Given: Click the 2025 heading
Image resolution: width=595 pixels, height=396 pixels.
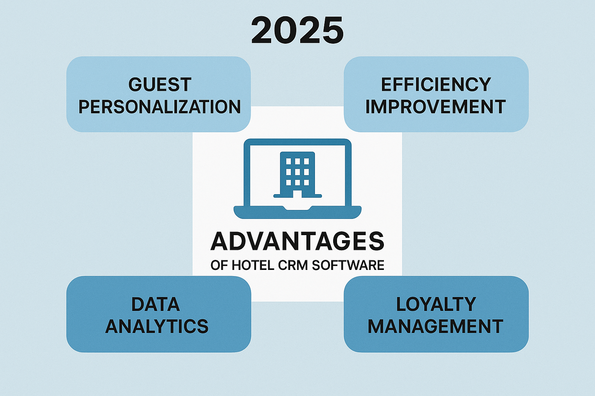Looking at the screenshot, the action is [297, 30].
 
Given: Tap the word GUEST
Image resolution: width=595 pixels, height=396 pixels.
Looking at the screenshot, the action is [160, 85].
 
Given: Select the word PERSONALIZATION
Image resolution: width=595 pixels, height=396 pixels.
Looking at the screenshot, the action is [160, 107].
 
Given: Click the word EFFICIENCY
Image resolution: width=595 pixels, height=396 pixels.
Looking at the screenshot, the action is [436, 85].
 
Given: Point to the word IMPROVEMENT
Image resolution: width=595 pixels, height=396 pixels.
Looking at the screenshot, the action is [436, 107].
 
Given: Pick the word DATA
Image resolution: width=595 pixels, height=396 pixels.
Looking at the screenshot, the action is [156, 304].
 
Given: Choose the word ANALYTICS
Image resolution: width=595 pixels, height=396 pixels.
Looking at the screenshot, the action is [157, 326].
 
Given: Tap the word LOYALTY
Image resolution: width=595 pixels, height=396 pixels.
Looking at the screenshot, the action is [436, 304].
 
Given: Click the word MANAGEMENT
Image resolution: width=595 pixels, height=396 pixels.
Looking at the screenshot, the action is [435, 326].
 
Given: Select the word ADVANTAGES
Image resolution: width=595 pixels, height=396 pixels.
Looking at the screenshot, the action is [297, 241].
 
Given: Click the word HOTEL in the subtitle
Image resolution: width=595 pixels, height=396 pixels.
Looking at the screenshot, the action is [253, 265].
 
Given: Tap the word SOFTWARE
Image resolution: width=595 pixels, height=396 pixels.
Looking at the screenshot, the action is [348, 265].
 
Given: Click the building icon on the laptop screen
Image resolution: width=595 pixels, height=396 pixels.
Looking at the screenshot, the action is [297, 174].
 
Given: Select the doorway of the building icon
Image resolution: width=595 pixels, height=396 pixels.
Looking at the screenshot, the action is [297, 194].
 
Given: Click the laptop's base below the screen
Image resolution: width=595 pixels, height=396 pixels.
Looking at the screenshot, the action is [297, 212].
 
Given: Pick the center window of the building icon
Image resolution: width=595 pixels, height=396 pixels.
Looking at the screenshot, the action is [297, 172].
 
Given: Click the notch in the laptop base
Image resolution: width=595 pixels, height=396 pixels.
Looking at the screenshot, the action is [297, 208].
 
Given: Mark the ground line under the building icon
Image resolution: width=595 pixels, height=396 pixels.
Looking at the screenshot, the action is [297, 196].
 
